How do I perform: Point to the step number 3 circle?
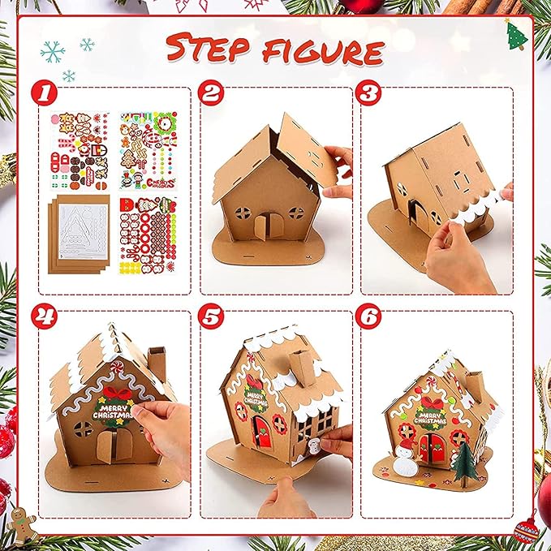click(373, 96)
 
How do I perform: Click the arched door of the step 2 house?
click(265, 225)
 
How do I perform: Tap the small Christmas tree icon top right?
click(514, 35)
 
